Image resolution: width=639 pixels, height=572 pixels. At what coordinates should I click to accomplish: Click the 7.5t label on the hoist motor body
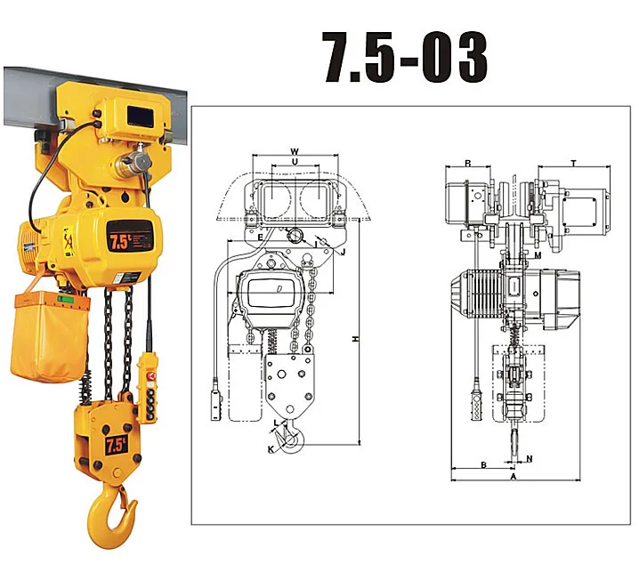click(x=119, y=241)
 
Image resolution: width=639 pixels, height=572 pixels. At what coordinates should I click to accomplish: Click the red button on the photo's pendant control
click(x=150, y=377)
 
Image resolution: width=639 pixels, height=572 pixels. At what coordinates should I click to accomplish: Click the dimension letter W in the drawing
click(x=295, y=150)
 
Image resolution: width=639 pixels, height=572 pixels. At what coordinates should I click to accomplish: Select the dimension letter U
click(x=295, y=164)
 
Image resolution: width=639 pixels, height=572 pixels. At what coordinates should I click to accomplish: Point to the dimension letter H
click(x=354, y=339)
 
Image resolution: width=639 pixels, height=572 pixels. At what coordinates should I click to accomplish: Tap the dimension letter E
click(x=259, y=238)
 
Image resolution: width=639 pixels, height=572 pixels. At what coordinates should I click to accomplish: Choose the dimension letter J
click(x=344, y=251)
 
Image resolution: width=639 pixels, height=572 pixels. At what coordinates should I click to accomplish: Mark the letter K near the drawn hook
click(x=271, y=448)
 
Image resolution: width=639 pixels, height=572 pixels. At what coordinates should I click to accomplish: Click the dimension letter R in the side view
click(x=467, y=164)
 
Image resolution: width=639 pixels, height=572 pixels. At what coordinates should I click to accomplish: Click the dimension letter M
click(x=538, y=255)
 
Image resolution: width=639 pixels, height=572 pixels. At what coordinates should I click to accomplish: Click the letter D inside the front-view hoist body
click(x=279, y=289)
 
